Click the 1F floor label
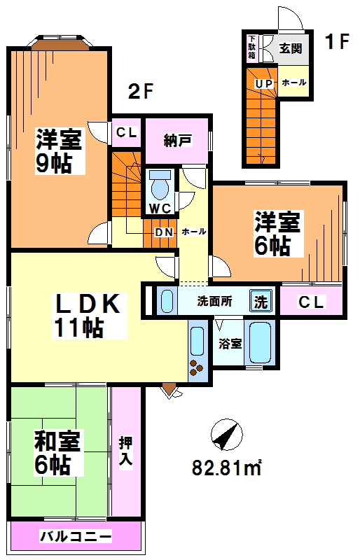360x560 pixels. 336,43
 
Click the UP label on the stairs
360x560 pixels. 263,84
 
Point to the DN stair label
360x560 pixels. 163,232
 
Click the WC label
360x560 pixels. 159,208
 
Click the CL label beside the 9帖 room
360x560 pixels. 127,132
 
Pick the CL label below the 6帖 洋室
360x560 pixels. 311,302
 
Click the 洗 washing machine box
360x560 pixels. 260,302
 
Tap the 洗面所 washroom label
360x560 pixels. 214,302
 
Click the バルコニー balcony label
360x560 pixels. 75,538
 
